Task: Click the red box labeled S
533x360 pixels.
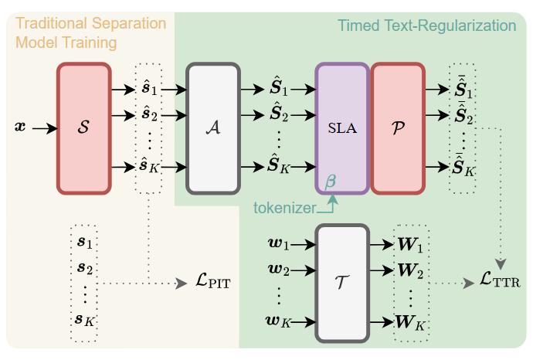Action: click(83, 128)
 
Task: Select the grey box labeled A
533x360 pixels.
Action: click(213, 128)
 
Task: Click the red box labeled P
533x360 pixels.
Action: click(398, 128)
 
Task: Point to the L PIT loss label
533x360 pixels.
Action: click(212, 284)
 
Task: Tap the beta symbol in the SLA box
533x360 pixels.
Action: click(331, 181)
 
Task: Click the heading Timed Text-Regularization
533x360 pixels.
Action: click(426, 25)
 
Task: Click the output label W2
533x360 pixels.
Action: click(409, 271)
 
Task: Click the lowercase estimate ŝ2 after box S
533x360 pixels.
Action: click(148, 117)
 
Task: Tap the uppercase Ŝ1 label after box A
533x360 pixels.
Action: click(278, 90)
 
